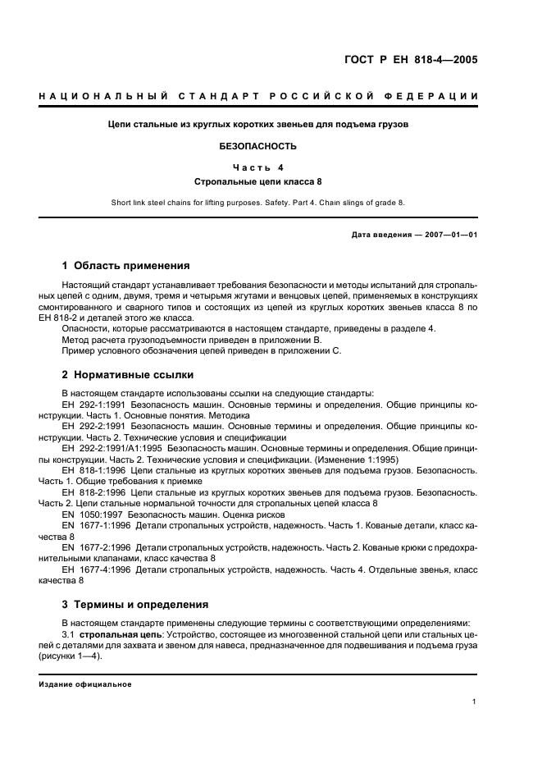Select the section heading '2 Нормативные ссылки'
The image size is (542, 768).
point(128,375)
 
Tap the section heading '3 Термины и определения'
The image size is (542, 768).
point(135,605)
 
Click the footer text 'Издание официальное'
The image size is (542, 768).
point(84,684)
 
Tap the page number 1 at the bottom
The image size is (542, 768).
point(475,702)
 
